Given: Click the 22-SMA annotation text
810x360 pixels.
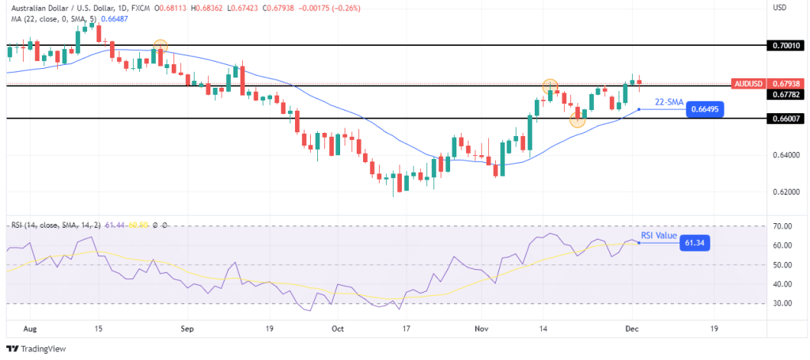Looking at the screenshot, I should (669, 102).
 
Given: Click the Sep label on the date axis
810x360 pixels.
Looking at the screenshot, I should (187, 327).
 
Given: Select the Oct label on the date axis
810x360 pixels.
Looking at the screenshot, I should (338, 327).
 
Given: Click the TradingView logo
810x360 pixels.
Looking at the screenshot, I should (37, 349).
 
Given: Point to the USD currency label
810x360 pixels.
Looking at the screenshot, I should (780, 8).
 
